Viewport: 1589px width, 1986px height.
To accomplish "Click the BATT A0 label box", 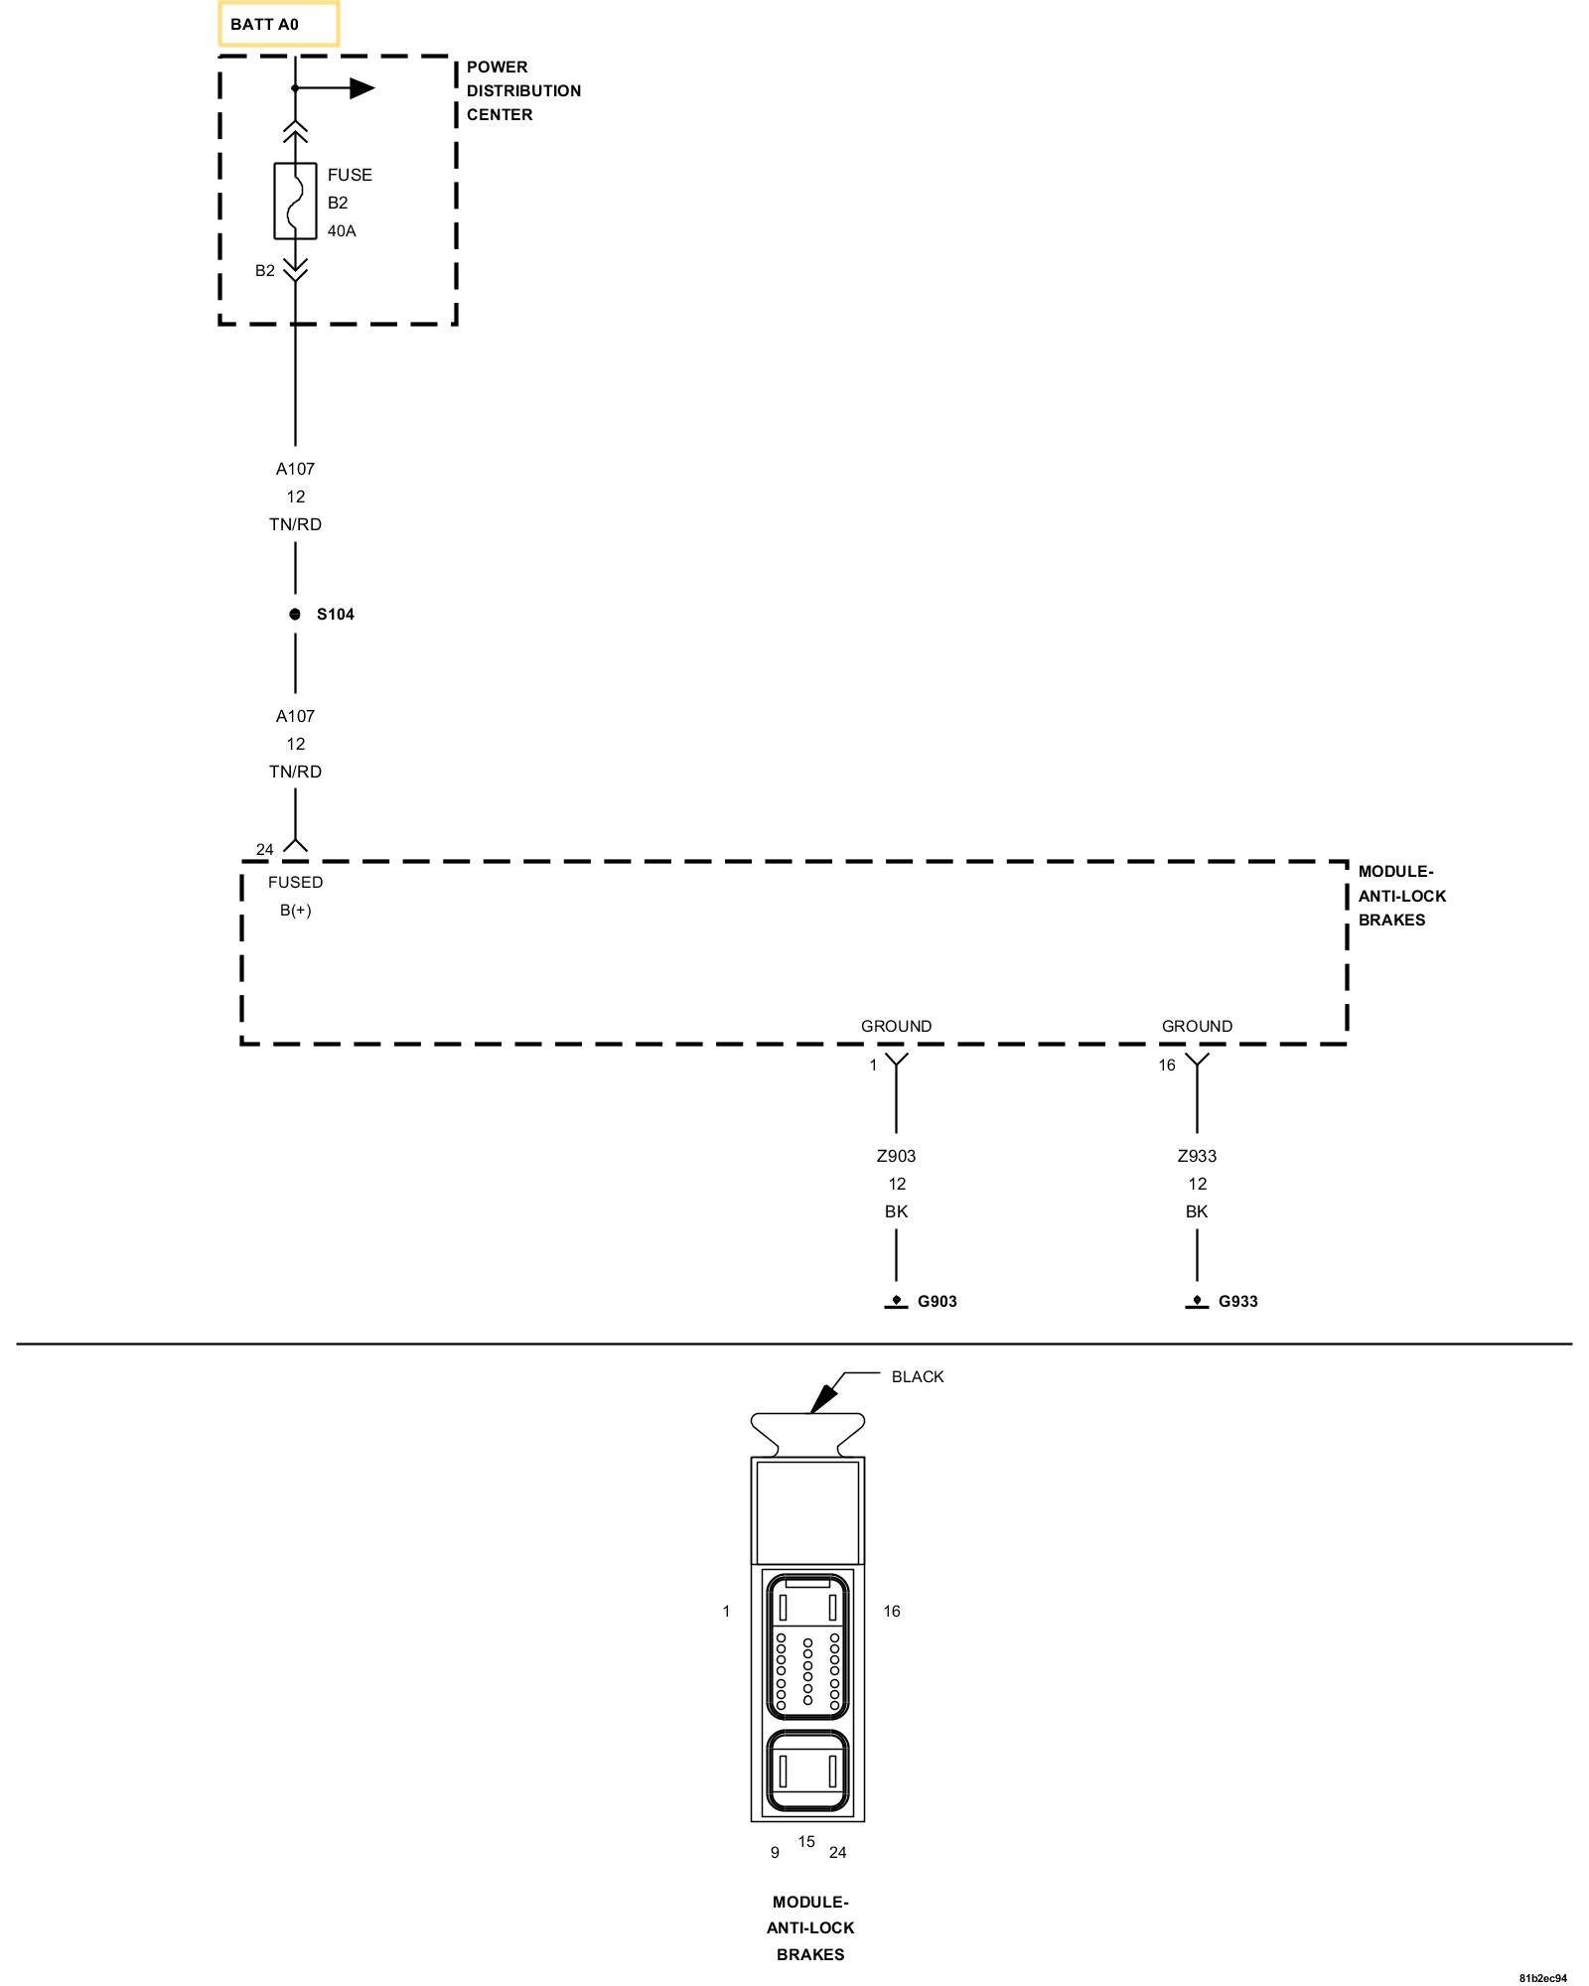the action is [x=278, y=24].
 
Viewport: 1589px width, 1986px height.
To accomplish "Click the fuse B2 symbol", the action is [x=295, y=201].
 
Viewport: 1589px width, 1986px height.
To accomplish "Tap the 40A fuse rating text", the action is [x=342, y=231].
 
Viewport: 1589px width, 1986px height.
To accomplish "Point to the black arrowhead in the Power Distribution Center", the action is [x=361, y=88].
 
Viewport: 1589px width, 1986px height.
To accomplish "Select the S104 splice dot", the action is [x=295, y=614].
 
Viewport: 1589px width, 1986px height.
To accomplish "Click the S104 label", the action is [x=336, y=614].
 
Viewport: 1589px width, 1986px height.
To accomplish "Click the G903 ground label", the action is [x=937, y=1301].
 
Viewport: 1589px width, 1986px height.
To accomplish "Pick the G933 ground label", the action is [x=1237, y=1301].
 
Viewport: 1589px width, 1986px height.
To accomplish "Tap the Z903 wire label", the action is [x=896, y=1156].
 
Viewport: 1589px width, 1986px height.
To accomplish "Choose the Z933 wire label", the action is [x=1197, y=1156].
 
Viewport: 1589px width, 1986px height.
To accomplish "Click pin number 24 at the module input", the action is [x=264, y=849].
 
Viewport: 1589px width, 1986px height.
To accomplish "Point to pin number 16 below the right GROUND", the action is [x=1166, y=1064].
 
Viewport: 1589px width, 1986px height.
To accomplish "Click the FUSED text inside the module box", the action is [x=295, y=882].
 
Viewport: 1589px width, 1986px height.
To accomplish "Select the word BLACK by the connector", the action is [x=918, y=1376].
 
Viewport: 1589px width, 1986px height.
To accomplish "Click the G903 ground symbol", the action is [x=896, y=1302].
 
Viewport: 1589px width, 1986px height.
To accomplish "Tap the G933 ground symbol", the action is [x=1197, y=1302].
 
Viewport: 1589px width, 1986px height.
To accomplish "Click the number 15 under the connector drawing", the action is [x=806, y=1841].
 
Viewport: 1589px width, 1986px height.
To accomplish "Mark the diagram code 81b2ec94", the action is [x=1542, y=1977].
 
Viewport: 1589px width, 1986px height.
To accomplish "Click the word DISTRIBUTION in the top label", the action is [x=523, y=90].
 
